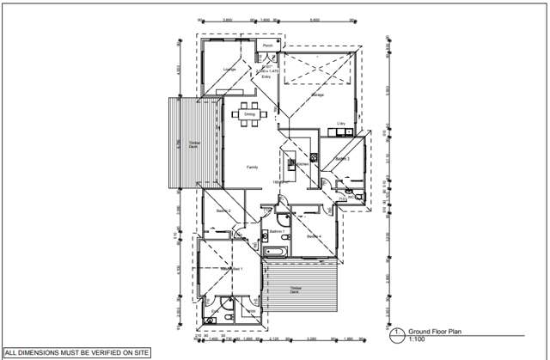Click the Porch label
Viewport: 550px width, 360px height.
[x=267, y=46]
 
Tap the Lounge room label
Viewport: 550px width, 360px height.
[x=229, y=69]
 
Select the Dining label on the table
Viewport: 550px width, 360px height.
[x=249, y=113]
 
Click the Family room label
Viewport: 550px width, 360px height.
[x=252, y=167]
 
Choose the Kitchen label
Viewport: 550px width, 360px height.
[x=302, y=163]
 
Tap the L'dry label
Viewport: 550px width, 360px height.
[x=341, y=124]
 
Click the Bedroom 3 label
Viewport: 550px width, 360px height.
[x=342, y=159]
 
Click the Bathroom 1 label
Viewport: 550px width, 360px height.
[x=277, y=232]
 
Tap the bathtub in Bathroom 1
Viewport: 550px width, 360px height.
[x=278, y=252]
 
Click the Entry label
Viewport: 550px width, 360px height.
[x=266, y=76]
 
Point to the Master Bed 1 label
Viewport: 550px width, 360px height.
[x=232, y=269]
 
